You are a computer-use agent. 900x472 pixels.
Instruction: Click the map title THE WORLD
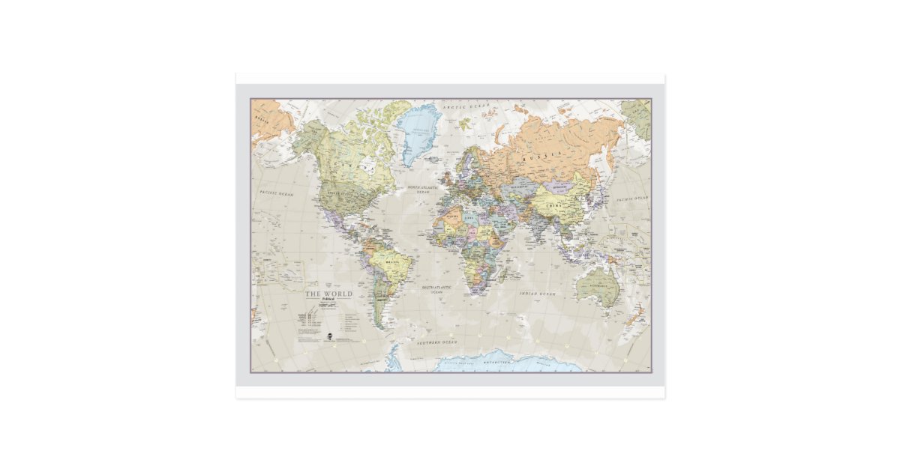328,294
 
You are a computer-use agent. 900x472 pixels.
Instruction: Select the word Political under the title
328,300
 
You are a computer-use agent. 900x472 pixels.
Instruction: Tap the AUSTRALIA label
598,288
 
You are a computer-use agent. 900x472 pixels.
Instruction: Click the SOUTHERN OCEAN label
436,342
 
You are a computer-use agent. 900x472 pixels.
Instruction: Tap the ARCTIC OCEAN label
465,107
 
